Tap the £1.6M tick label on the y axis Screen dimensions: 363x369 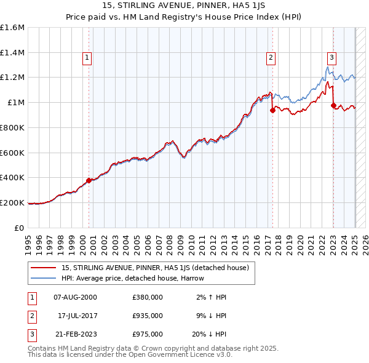click(x=12, y=28)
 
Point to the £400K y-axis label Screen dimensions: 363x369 click(x=12, y=178)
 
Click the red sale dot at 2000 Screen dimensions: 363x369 click(x=89, y=180)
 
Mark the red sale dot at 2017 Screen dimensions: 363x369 click(x=272, y=111)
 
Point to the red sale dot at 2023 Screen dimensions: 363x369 click(x=333, y=106)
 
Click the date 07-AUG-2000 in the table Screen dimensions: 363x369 click(x=75, y=297)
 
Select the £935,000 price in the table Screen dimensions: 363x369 click(x=148, y=316)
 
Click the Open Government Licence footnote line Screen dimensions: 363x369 click(x=130, y=355)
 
